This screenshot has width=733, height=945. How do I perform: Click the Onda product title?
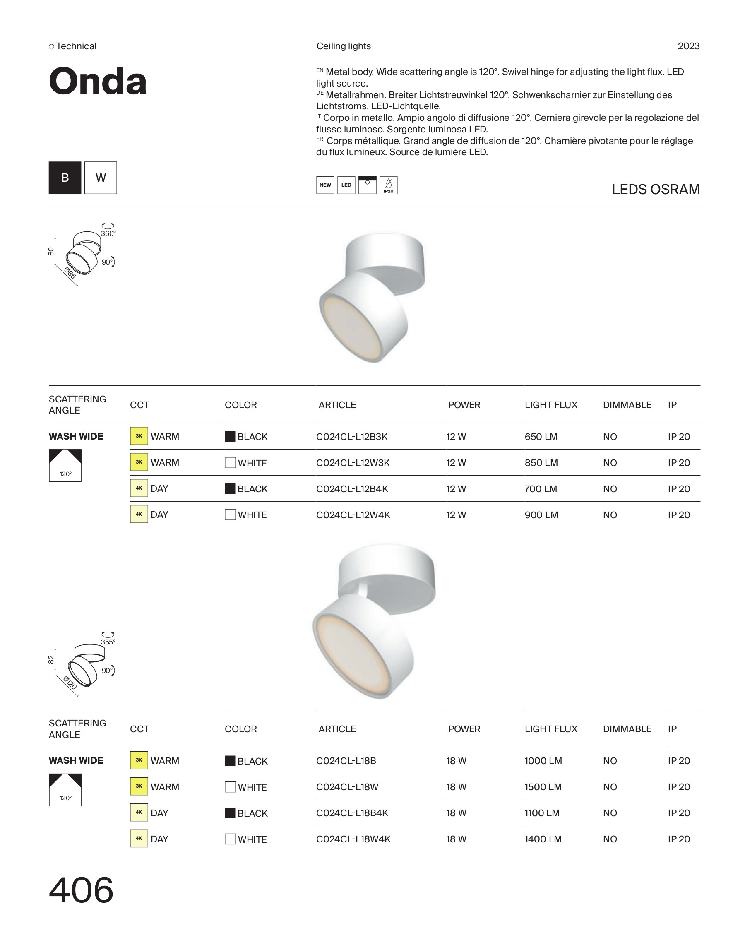tap(98, 82)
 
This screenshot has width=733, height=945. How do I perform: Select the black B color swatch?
tap(65, 178)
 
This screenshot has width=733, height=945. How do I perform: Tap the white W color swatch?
tap(101, 178)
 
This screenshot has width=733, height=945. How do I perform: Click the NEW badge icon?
tap(325, 185)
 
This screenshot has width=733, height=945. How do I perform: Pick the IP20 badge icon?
tap(388, 185)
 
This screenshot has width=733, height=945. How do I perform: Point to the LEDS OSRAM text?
tap(655, 190)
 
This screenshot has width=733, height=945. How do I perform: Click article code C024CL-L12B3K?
tap(352, 437)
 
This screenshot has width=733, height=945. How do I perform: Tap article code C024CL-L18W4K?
tap(353, 839)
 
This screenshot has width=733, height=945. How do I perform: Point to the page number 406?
tap(81, 890)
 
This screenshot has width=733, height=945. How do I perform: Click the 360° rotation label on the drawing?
tap(108, 233)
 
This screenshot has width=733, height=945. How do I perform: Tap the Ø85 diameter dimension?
tap(70, 273)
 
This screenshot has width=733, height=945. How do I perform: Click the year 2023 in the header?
tap(688, 46)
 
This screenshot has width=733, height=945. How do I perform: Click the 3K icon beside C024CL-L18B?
tap(139, 760)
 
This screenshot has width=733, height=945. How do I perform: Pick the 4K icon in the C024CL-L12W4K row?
tap(139, 514)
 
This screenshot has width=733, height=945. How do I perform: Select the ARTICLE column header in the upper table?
tap(337, 405)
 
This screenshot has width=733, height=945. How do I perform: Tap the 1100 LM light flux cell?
tap(542, 813)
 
